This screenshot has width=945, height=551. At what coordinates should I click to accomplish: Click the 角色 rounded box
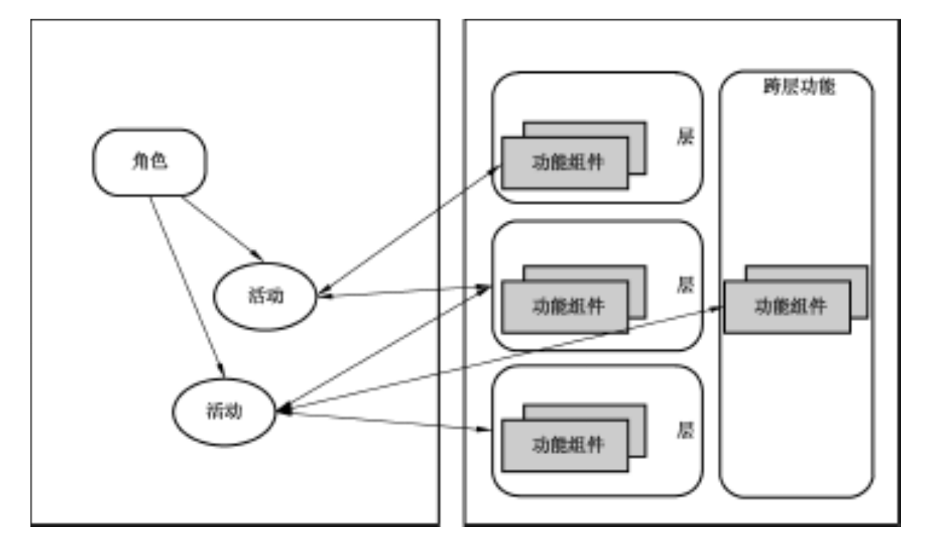pyautogui.click(x=149, y=162)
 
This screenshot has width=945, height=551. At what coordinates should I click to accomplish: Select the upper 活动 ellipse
pyautogui.click(x=265, y=296)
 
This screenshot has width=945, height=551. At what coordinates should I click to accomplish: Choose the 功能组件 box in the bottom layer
pyautogui.click(x=565, y=444)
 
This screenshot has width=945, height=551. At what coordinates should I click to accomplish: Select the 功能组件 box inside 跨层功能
pyautogui.click(x=787, y=307)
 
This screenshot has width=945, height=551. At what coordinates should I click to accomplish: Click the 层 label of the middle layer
pyautogui.click(x=685, y=284)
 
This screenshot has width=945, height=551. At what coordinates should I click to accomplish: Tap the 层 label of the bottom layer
pyautogui.click(x=685, y=431)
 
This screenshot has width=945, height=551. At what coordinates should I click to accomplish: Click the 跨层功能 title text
pyautogui.click(x=798, y=87)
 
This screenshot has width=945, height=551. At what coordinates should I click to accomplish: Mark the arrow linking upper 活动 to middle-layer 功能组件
pyautogui.click(x=404, y=292)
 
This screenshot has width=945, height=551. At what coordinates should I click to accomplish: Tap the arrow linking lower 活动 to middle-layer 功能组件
pyautogui.click(x=384, y=348)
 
